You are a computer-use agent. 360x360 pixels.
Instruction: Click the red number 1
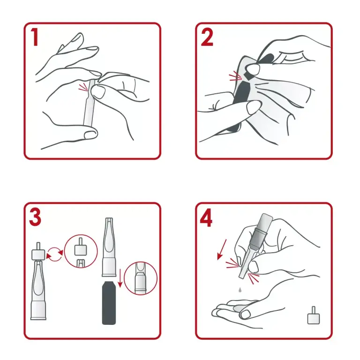point(35,37)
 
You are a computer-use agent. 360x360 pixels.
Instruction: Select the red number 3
point(35,217)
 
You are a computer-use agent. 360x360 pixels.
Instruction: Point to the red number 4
point(206,218)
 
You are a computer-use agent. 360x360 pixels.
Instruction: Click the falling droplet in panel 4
point(240,290)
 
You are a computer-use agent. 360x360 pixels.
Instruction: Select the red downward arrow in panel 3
point(120,278)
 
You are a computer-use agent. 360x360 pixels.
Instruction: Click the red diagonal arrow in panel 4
point(222,249)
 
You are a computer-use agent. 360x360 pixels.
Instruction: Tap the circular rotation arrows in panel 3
point(55,254)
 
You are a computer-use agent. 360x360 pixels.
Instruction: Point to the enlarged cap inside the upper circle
point(80,247)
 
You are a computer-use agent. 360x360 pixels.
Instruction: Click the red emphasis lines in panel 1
point(83,87)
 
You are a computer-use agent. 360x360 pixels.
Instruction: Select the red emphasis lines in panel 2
point(235,76)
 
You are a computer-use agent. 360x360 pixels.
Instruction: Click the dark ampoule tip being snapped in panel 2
point(248,75)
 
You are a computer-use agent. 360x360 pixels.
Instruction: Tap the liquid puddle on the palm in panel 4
point(239,308)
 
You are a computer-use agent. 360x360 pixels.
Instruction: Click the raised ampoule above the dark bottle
point(109,247)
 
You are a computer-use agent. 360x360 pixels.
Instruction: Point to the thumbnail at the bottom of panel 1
point(90,135)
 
